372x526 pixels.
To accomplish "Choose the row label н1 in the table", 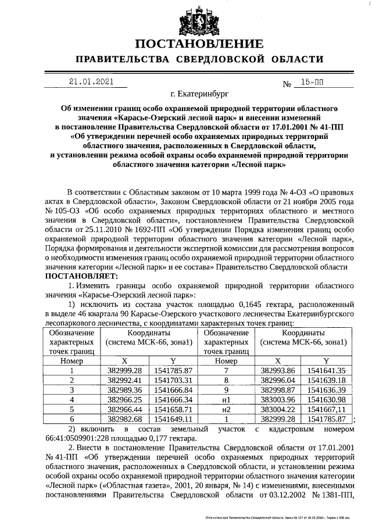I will (226, 399).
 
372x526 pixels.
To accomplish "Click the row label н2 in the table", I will (226, 409).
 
